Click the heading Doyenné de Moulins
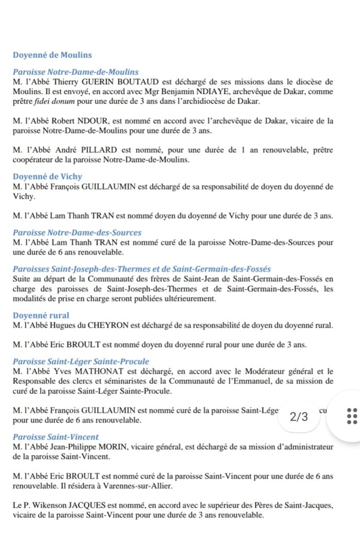coord(52,55)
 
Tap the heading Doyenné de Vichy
coord(48,177)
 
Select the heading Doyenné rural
coord(41,316)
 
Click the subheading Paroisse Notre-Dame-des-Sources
coord(77,232)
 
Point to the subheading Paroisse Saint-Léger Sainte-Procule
coord(81,361)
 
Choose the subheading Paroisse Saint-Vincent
coord(56,437)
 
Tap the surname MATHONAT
coord(98,371)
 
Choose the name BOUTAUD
coord(154,82)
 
